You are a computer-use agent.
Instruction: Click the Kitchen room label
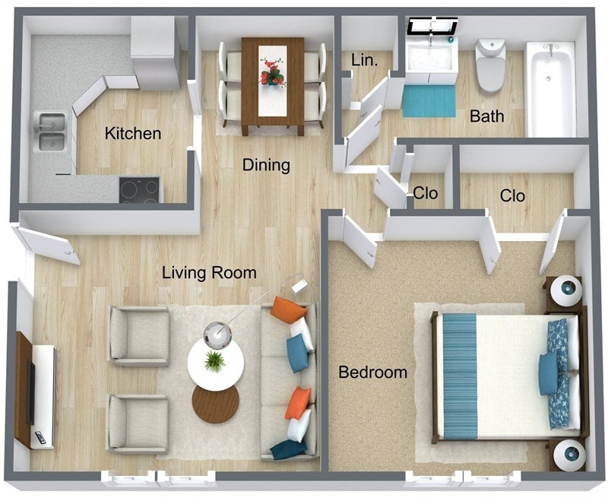133,134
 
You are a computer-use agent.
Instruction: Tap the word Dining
266,164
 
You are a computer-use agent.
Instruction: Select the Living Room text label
209,273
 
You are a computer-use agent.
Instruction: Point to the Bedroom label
372,373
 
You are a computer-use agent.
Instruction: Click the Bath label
486,116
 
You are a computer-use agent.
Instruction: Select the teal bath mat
429,101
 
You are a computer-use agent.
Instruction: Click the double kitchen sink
51,132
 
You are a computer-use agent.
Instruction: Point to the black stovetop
139,189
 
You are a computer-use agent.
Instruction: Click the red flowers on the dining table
272,73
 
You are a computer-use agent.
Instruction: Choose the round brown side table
215,404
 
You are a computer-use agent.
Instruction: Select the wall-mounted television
31,392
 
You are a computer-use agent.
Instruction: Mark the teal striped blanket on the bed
459,376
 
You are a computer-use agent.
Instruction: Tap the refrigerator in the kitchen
156,51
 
